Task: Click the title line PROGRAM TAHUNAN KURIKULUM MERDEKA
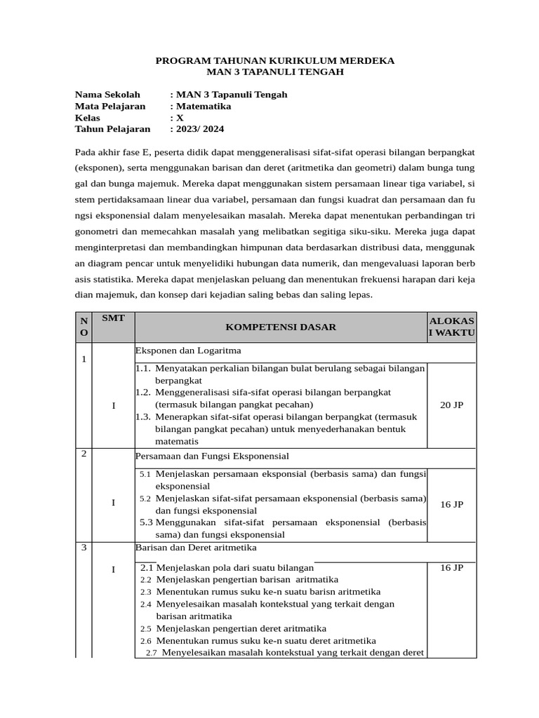click(x=274, y=61)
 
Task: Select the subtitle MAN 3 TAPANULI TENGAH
click(x=275, y=72)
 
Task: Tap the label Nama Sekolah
click(x=107, y=95)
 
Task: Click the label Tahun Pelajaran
click(x=112, y=128)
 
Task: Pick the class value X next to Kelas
click(x=180, y=117)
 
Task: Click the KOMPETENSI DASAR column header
click(x=281, y=327)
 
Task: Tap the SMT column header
click(x=113, y=318)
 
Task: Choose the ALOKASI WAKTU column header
click(x=452, y=326)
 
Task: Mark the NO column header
click(x=84, y=326)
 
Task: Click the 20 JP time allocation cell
click(x=451, y=405)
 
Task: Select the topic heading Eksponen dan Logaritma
click(x=188, y=350)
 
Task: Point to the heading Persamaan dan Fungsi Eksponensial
click(x=212, y=456)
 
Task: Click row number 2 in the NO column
click(x=84, y=454)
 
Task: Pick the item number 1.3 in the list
click(x=142, y=417)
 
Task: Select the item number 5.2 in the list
click(x=145, y=499)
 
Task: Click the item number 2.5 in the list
click(x=145, y=629)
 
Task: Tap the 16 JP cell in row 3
click(x=451, y=568)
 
